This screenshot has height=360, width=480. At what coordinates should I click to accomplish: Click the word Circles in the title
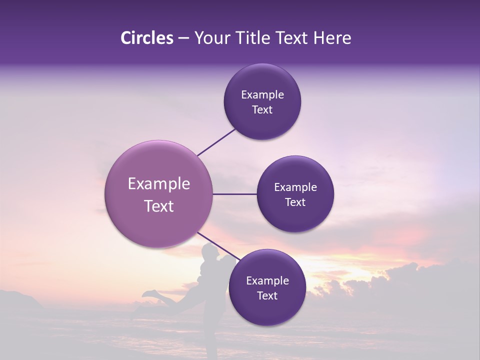coord(147,38)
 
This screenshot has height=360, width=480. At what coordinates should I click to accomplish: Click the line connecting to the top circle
coord(216,141)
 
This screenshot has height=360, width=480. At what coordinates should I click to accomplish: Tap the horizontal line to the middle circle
coord(234,194)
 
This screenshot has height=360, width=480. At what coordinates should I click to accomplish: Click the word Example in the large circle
coord(159,184)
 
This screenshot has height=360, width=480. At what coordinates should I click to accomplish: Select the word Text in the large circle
coord(159,206)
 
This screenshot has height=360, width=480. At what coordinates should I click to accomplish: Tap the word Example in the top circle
coord(262,95)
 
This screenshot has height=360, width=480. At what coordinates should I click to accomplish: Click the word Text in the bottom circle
coord(267,295)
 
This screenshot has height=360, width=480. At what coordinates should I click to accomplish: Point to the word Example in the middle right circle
coord(295,187)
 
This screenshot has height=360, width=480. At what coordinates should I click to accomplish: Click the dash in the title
coord(183,38)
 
